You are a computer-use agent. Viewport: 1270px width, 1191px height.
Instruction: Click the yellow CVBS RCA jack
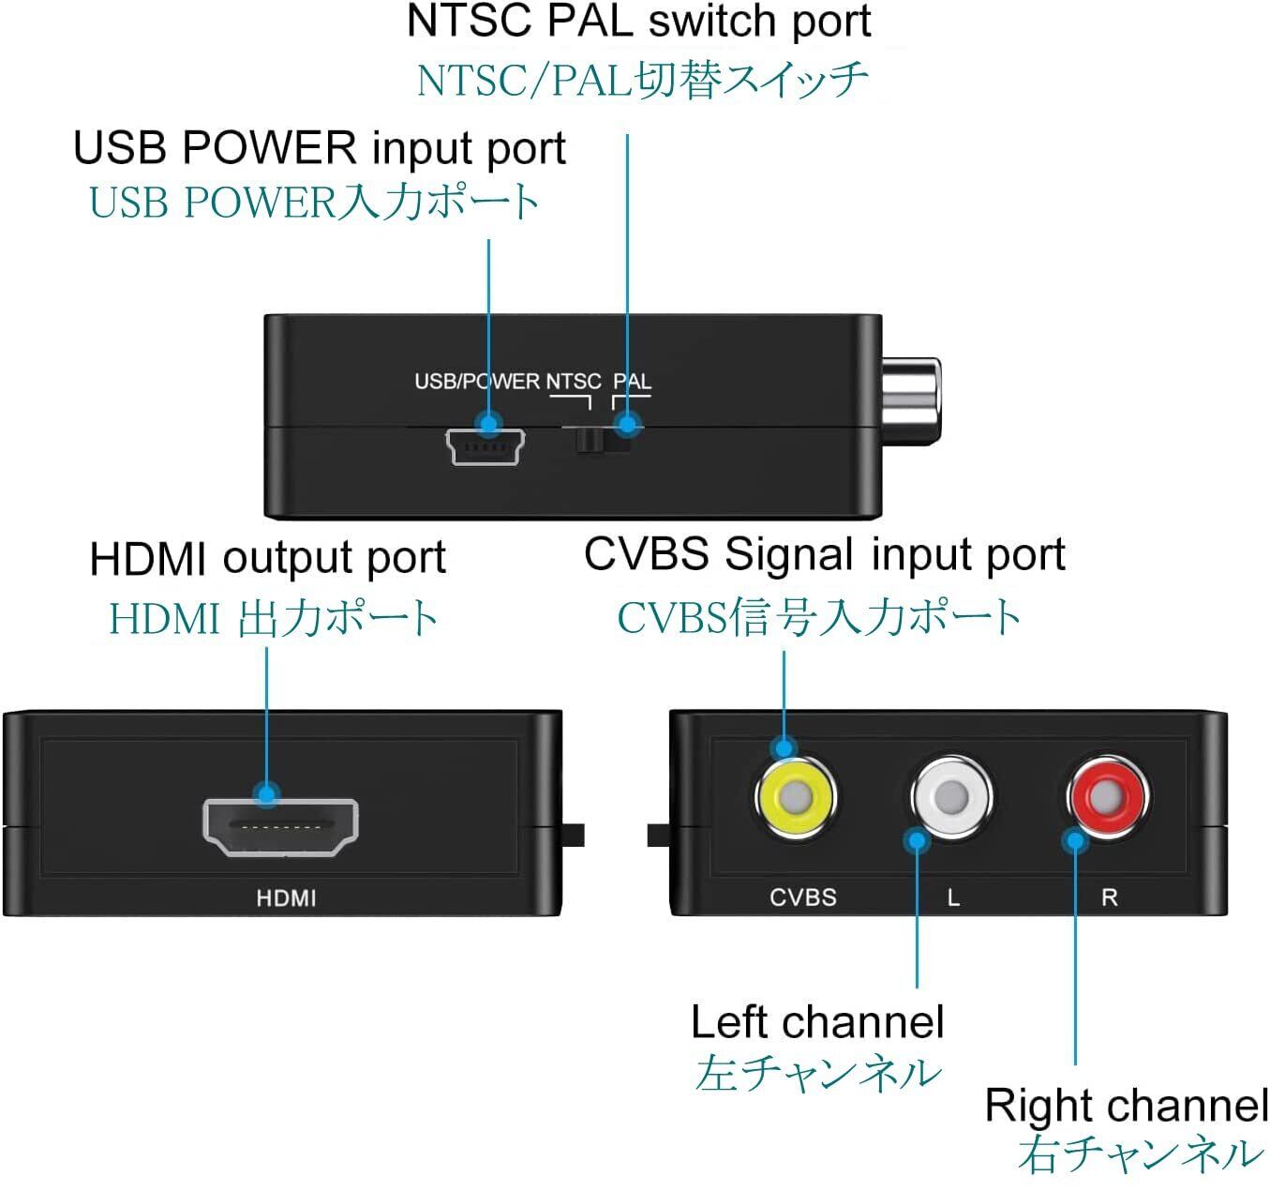[x=795, y=798]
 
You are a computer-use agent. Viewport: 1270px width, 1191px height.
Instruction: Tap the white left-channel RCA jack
[x=950, y=798]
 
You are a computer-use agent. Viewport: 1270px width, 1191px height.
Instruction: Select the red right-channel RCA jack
[x=1107, y=798]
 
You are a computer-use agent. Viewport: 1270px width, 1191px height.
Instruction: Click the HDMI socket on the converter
[x=280, y=827]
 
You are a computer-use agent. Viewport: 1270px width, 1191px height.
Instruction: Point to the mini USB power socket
[x=485, y=448]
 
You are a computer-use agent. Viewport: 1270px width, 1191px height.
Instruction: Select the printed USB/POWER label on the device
[x=477, y=382]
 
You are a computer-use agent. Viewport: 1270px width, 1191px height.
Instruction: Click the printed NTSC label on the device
[x=574, y=382]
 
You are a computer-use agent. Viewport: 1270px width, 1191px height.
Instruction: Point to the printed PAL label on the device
[x=632, y=382]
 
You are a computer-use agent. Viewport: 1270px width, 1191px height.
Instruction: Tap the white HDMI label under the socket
[x=286, y=898]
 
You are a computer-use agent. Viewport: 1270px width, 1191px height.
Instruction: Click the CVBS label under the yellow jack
[x=802, y=897]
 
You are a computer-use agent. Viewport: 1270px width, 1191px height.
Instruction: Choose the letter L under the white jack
[x=953, y=897]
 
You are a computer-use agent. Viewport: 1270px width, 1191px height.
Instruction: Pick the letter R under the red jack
[x=1109, y=897]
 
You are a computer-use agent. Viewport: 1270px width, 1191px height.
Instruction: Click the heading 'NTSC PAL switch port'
[x=638, y=22]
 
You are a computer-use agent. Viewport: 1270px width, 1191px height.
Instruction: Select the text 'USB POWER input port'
[x=320, y=148]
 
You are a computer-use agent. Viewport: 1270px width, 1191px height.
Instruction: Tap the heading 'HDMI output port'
[x=267, y=559]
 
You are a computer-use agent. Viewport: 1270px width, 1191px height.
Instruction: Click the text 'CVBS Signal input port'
[x=824, y=554]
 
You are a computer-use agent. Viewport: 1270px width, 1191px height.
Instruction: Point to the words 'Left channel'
[x=816, y=1022]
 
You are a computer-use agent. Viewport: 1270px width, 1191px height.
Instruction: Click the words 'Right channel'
[x=1126, y=1106]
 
